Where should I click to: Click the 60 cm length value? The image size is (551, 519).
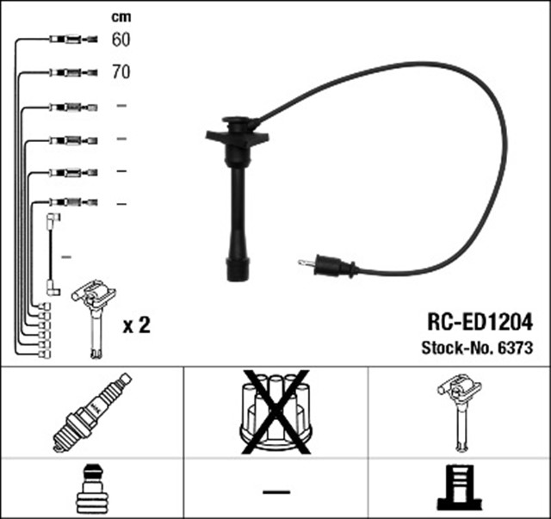pos(121,40)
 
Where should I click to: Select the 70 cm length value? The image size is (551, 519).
pos(121,72)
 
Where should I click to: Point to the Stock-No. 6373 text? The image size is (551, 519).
pos(477,348)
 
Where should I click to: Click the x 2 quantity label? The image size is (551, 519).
pos(137,325)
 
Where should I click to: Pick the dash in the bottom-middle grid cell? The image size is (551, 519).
pos(276,491)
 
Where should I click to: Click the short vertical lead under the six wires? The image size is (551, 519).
pos(51,255)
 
